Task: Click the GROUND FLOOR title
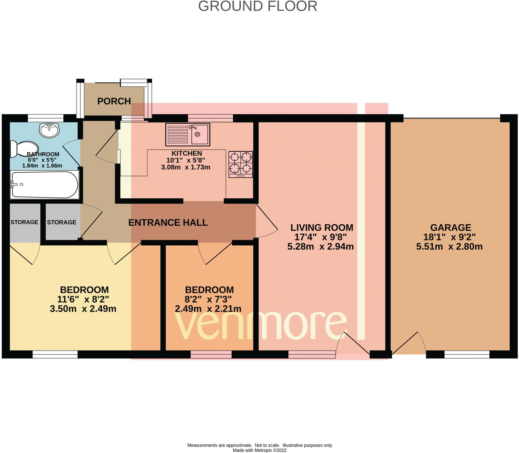[257, 6]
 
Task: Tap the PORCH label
[114, 101]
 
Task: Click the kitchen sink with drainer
[188, 135]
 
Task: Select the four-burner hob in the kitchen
[240, 164]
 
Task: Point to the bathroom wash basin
[49, 130]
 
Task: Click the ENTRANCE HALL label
[168, 223]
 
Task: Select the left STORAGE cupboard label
[24, 222]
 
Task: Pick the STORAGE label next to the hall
[61, 222]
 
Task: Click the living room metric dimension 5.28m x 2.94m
[320, 246]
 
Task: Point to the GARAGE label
[451, 227]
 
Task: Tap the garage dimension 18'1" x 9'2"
[449, 237]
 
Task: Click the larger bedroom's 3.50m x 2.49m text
[83, 309]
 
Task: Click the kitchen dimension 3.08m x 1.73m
[186, 167]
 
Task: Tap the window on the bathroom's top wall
[45, 118]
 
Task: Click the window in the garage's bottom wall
[467, 354]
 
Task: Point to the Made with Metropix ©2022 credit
[259, 450]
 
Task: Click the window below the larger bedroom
[55, 354]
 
